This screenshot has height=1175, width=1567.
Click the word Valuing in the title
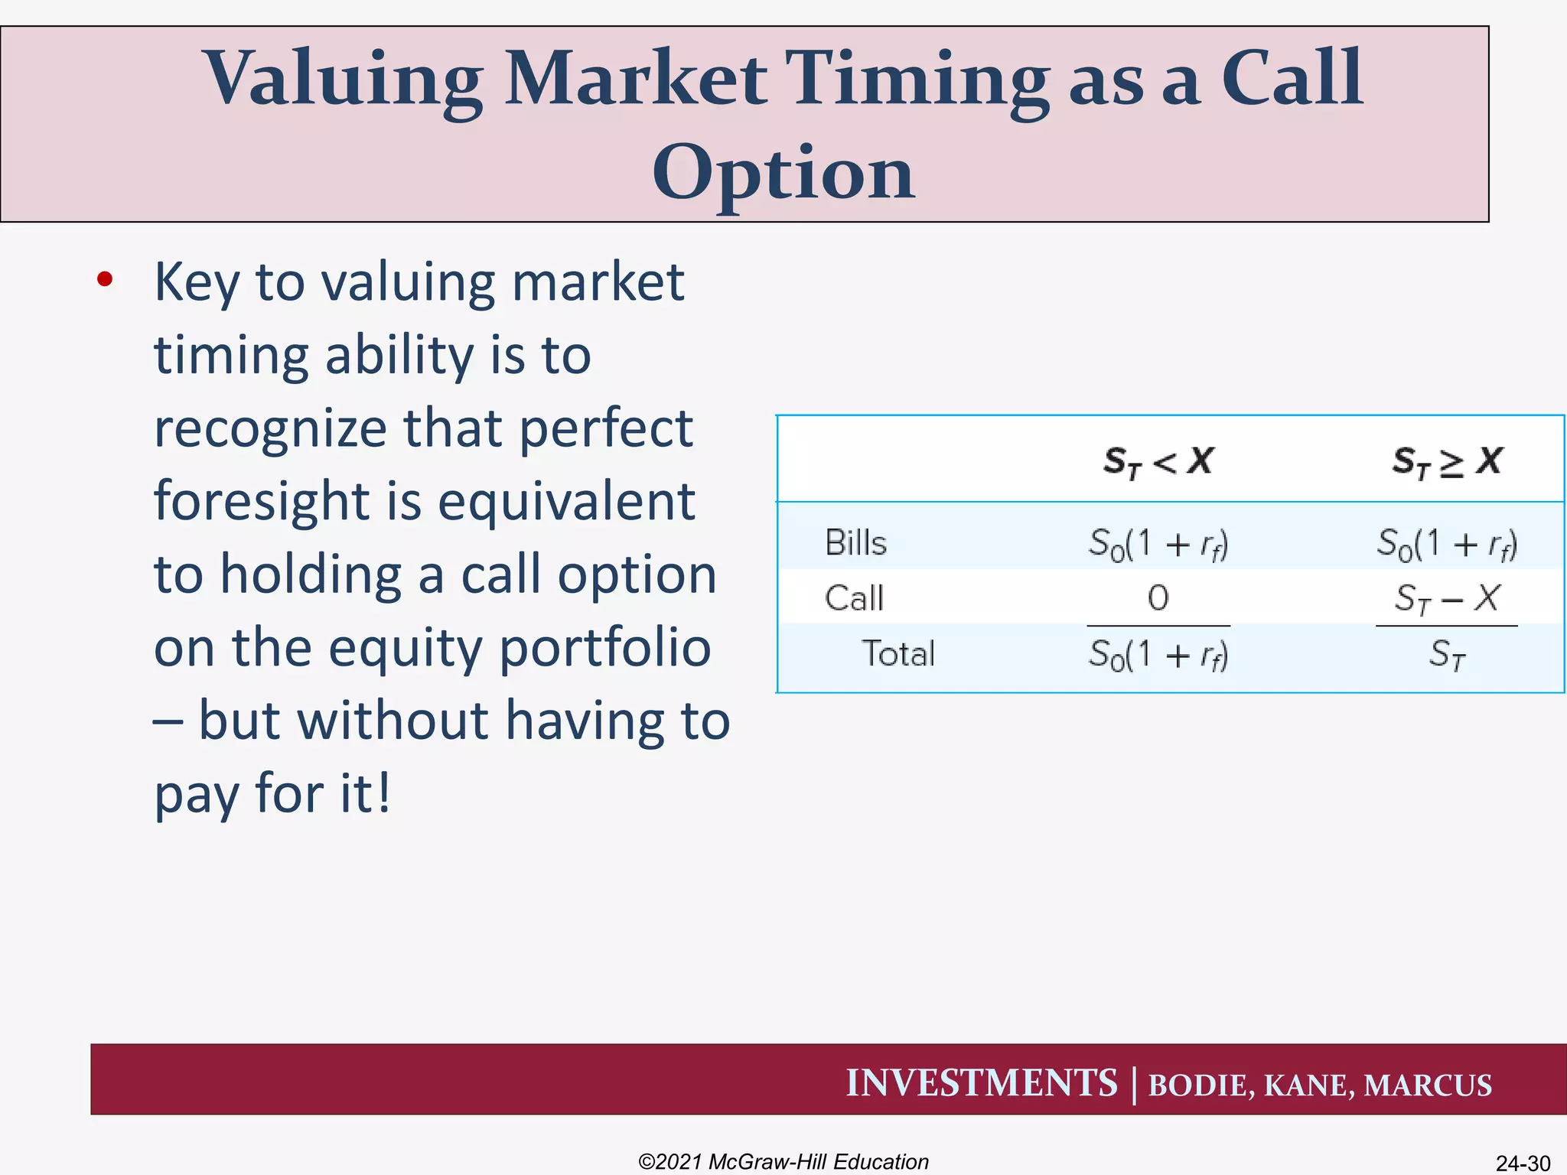(342, 80)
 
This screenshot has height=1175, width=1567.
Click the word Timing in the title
(918, 80)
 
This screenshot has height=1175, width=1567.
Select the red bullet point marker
(105, 280)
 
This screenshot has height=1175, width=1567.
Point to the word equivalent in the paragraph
(566, 502)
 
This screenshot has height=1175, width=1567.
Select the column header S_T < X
(1158, 461)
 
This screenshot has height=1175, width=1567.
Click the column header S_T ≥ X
(1446, 461)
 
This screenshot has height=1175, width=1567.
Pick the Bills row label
(855, 543)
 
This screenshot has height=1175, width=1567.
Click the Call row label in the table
(854, 598)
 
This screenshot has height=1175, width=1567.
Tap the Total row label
(898, 654)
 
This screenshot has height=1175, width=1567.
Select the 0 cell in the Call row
(1158, 598)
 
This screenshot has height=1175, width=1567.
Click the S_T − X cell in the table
(1446, 598)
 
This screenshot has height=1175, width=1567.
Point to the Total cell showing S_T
(1446, 656)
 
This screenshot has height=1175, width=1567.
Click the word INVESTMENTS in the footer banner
(981, 1083)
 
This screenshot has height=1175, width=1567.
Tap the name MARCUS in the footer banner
(1428, 1085)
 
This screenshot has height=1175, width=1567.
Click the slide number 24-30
(1523, 1163)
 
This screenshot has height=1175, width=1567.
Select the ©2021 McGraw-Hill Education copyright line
(783, 1161)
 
